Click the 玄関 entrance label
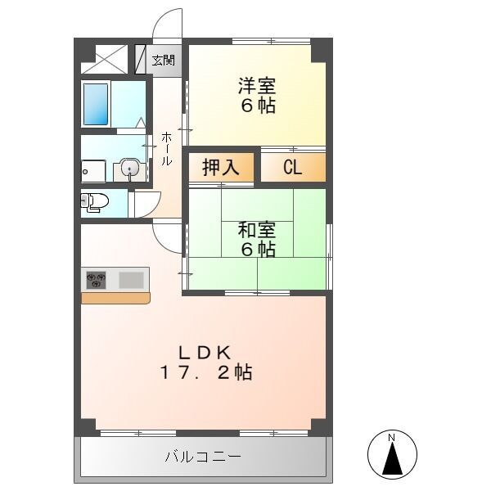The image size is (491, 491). pyautogui.click(x=163, y=60)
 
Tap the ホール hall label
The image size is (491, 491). pyautogui.click(x=166, y=148)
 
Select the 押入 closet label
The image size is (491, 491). pyautogui.click(x=221, y=168)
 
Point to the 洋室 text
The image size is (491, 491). pyautogui.click(x=257, y=85)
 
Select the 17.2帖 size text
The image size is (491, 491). pyautogui.click(x=205, y=373)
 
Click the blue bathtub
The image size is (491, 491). pyautogui.click(x=96, y=103)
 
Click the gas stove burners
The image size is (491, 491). pyautogui.click(x=96, y=280)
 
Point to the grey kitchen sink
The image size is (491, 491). pyautogui.click(x=131, y=280)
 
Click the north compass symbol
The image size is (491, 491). pyautogui.click(x=391, y=454)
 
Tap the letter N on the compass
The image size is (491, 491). pyautogui.click(x=391, y=439)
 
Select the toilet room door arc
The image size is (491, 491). pyautogui.click(x=146, y=203)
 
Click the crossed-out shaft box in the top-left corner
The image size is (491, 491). pyautogui.click(x=105, y=59)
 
